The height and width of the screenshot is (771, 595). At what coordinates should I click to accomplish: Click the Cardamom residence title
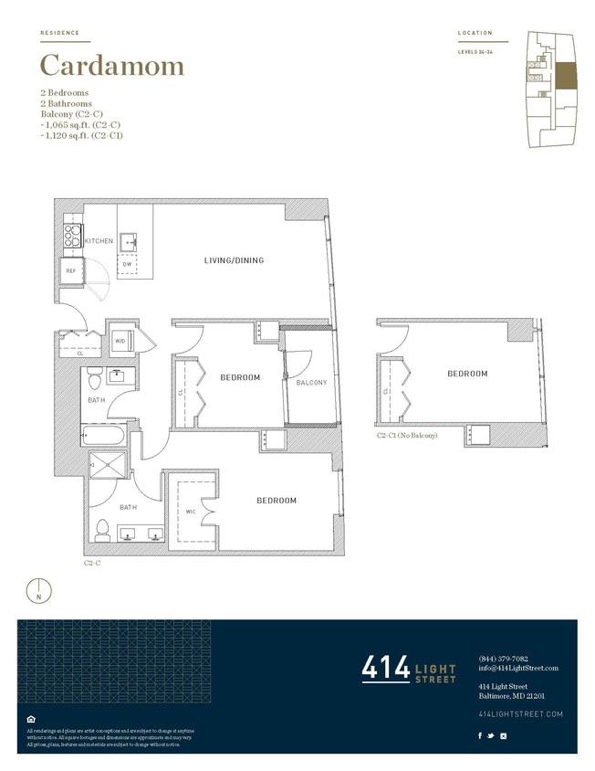(112, 66)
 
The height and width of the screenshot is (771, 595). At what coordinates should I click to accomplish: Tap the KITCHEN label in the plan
(99, 241)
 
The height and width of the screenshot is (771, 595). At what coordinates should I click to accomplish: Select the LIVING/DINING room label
(234, 260)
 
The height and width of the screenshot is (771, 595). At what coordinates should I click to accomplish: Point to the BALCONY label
(311, 383)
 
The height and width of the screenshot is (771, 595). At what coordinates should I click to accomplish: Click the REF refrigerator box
(70, 271)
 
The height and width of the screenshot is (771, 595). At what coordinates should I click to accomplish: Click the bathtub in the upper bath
(105, 436)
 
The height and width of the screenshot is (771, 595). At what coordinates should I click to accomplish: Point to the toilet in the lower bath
(103, 530)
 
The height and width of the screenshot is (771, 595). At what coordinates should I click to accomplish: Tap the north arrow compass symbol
(40, 590)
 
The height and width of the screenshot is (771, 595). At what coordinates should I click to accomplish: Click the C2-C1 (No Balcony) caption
(407, 436)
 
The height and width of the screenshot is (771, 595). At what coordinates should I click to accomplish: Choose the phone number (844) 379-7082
(503, 659)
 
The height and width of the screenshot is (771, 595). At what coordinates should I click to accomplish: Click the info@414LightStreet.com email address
(517, 668)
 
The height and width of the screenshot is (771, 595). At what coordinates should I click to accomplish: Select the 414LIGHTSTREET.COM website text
(520, 713)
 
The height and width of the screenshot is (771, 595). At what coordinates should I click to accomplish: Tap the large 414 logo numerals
(386, 669)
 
